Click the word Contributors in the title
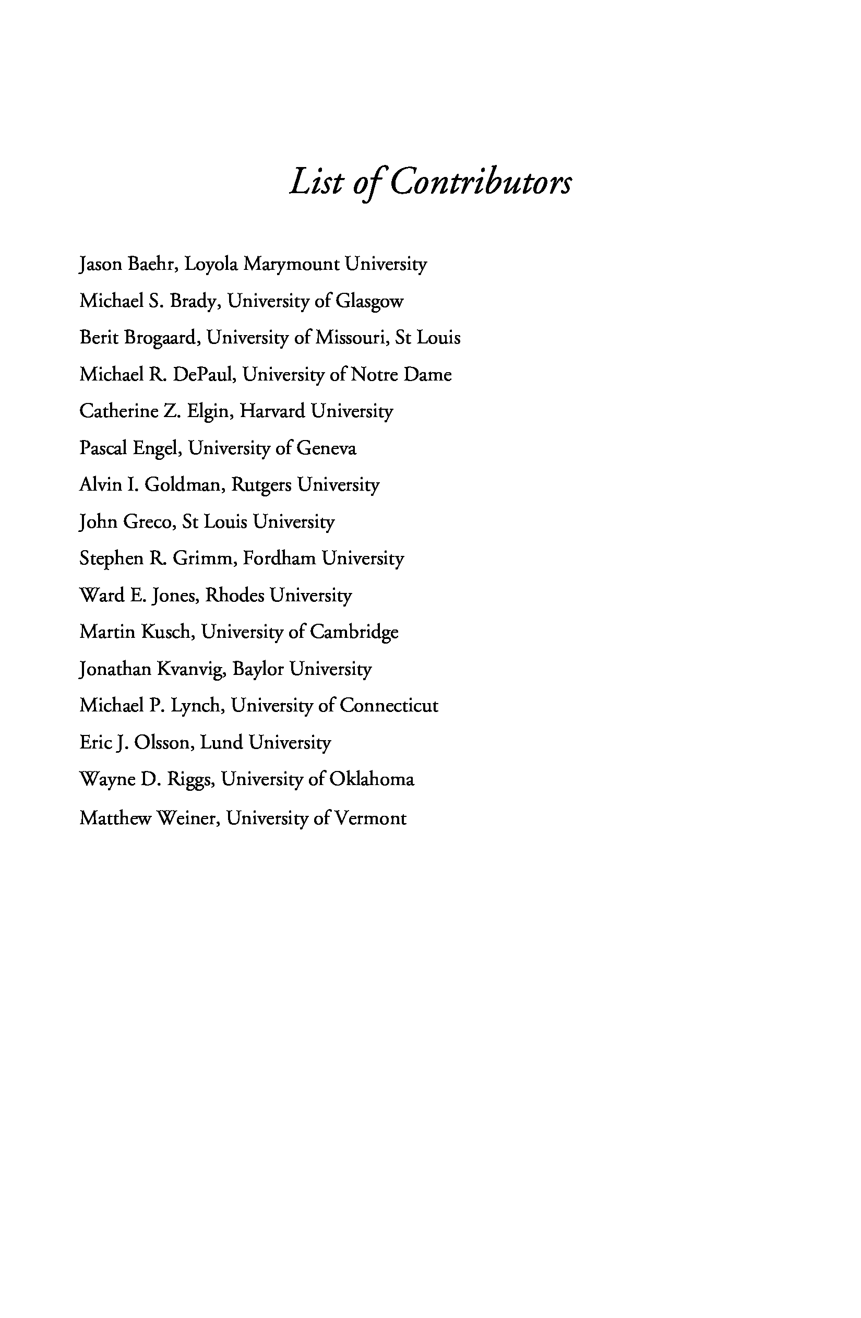pyautogui.click(x=480, y=182)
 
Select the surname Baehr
pyautogui.click(x=152, y=264)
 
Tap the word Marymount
pyautogui.click(x=291, y=265)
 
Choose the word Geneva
pyautogui.click(x=326, y=448)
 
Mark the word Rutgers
pyautogui.click(x=261, y=485)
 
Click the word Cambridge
pyautogui.click(x=354, y=633)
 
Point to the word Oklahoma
pyautogui.click(x=372, y=780)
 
